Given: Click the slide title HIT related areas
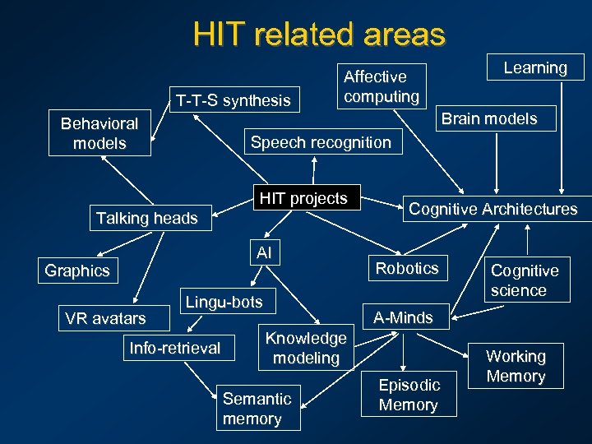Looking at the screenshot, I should pos(319,35).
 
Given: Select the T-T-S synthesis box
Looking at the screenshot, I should pos(232,100).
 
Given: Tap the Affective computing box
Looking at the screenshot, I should pos(382,86).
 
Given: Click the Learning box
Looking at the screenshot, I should pos(535,67).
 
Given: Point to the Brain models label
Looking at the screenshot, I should pos(489,118).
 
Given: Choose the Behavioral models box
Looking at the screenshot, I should pos(99,133).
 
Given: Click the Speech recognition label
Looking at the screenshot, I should pos(321,142).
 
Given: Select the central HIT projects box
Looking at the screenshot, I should pos(303,198).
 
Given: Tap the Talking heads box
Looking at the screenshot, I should pos(147,218).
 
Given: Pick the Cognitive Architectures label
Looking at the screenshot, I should pos(493,209).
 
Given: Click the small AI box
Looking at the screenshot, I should pos(264,252).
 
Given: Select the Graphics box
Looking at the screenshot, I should pos(77,271).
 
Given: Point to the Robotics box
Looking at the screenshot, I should pos(407,268).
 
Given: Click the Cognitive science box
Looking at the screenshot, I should pos(524,280).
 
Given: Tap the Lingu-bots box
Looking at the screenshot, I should pos(224,302).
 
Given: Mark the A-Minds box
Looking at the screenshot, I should pos(403,317).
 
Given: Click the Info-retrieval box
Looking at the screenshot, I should pos(175,348).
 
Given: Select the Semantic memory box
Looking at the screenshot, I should pos(257,409).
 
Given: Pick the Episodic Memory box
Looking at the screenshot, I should pos(409,395).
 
